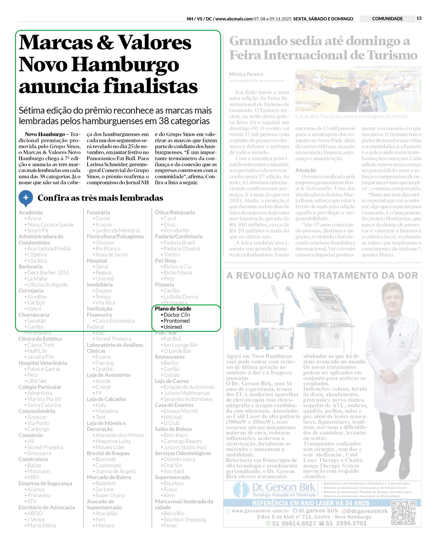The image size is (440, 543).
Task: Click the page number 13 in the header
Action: [419, 18]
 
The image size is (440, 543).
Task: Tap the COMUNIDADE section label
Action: [387, 19]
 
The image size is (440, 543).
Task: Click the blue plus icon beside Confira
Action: [26, 198]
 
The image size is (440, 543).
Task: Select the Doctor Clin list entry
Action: [176, 315]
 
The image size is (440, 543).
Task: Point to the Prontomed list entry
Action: [176, 321]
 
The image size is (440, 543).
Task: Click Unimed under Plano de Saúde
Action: [173, 327]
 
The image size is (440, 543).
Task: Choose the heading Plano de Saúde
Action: [173, 309]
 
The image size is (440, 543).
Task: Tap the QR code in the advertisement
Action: [403, 512]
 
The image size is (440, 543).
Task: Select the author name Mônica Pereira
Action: [246, 74]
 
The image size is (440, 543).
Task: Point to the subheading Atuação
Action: [306, 170]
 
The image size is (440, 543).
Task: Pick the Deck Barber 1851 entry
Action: [48, 273]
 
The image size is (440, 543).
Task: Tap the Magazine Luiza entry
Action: [113, 441]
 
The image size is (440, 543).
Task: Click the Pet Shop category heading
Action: [166, 261]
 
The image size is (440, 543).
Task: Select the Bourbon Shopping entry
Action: [185, 520]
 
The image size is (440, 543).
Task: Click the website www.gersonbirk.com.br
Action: [260, 511]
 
